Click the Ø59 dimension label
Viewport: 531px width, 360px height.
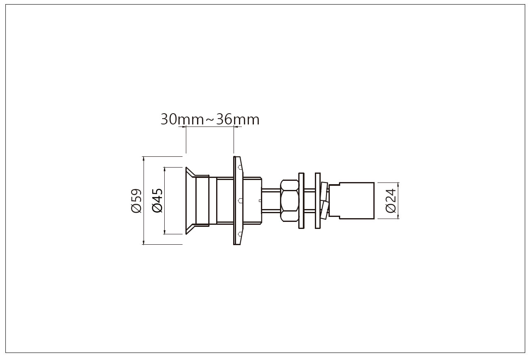click(x=136, y=200)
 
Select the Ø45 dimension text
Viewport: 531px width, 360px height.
click(x=157, y=200)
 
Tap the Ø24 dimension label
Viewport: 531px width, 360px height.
click(x=391, y=201)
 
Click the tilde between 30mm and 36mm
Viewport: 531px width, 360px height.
click(x=210, y=120)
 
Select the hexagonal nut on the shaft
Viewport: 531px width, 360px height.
click(x=290, y=201)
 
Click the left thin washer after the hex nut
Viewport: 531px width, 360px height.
click(x=301, y=201)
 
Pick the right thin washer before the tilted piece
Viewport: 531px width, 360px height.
click(x=318, y=201)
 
